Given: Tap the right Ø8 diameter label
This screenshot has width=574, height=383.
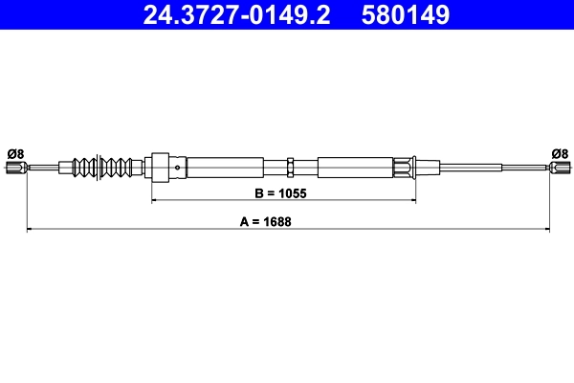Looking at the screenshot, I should tap(560, 152).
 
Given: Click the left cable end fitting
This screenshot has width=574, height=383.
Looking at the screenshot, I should tap(14, 169).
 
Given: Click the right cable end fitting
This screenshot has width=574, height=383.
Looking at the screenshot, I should tap(560, 169).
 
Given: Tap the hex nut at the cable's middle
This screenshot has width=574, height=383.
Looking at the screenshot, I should tap(290, 169).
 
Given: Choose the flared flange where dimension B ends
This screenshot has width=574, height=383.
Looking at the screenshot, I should tap(412, 168).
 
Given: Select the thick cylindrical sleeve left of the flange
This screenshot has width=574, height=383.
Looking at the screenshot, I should tap(354, 168).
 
